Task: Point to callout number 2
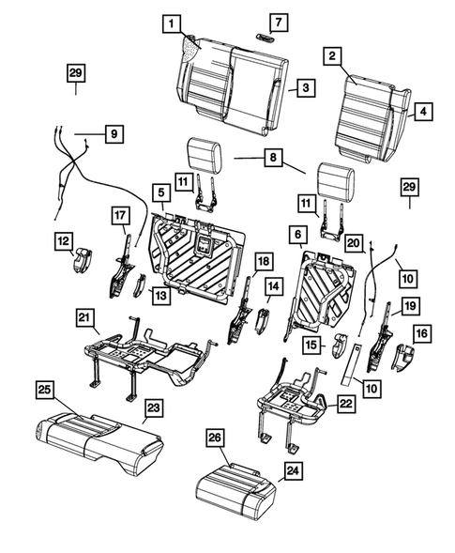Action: click(331, 56)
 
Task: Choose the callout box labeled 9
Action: click(113, 134)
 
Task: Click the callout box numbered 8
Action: click(272, 160)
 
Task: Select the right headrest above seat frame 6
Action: click(336, 178)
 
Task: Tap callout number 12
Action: click(63, 242)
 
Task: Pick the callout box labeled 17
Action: click(119, 216)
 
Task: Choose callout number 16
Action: click(421, 331)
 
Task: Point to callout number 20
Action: click(353, 242)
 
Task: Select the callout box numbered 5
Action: click(161, 194)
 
